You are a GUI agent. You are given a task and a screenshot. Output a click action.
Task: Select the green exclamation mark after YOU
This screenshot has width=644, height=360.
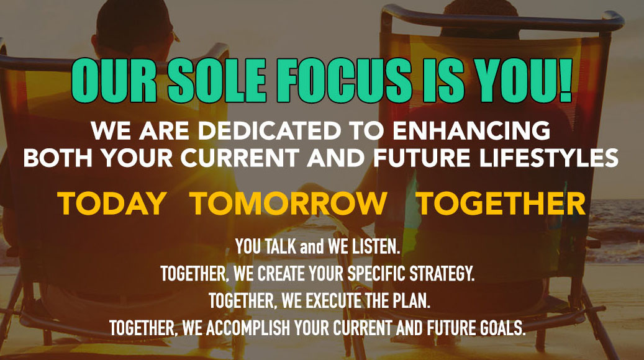(565, 79)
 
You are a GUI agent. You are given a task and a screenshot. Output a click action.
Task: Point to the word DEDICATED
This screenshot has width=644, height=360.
(270, 130)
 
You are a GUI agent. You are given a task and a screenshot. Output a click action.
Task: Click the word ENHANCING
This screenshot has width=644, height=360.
(471, 130)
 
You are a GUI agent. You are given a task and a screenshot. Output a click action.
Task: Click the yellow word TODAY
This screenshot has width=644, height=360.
(111, 203)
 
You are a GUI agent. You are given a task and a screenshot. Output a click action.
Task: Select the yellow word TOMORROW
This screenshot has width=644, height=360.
(289, 203)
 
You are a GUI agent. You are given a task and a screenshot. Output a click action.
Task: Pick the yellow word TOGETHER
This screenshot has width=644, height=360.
(501, 203)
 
